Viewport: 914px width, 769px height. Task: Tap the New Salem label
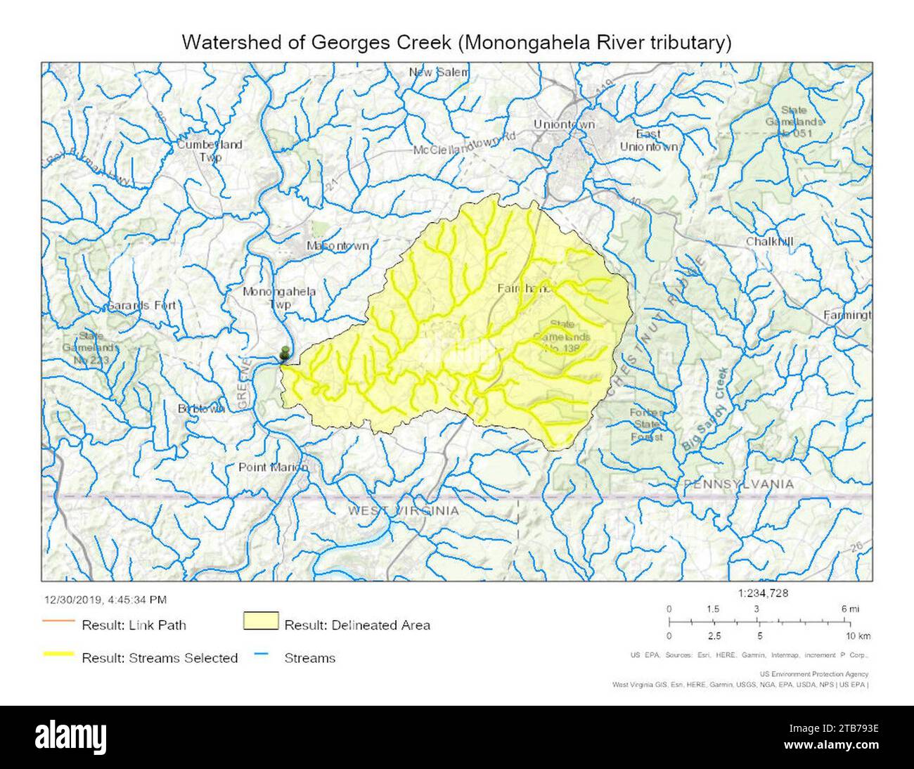[439, 72]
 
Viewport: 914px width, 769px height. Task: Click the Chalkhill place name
[770, 242]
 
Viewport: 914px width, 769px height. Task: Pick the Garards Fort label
[141, 306]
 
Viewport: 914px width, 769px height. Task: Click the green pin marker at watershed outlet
[284, 352]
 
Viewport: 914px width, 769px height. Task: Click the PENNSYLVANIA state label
[739, 484]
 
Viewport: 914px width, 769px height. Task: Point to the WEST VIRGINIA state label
[403, 511]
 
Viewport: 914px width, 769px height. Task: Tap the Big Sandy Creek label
[706, 409]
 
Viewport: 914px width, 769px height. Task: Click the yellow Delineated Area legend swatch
[260, 622]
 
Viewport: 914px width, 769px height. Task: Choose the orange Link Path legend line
[59, 622]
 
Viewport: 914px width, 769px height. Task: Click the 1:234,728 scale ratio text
[763, 593]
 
